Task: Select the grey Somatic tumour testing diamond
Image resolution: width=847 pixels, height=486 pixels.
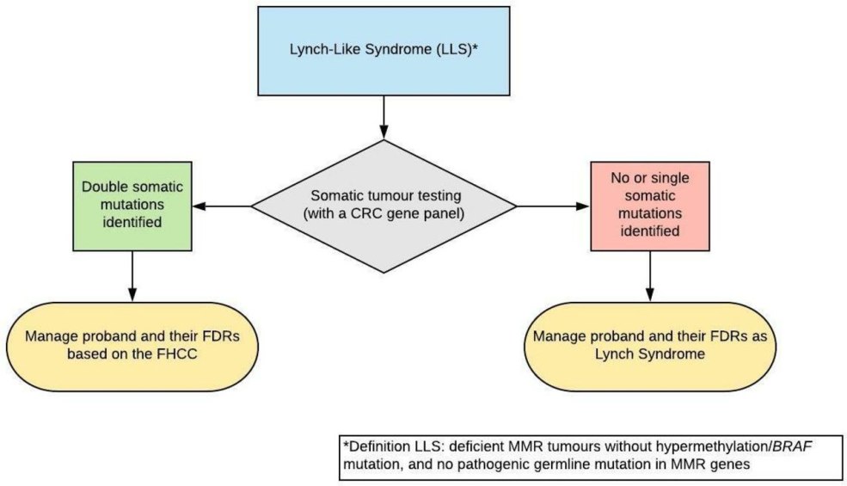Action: point(384,206)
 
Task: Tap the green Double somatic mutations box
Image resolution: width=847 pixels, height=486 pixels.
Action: point(132,206)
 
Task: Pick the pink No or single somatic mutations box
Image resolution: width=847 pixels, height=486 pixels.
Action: point(648,206)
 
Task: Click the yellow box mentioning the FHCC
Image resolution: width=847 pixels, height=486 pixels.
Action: point(132,343)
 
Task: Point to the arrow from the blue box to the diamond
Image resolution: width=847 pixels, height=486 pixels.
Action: point(383,117)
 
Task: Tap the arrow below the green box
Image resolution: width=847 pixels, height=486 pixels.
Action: point(132,275)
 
